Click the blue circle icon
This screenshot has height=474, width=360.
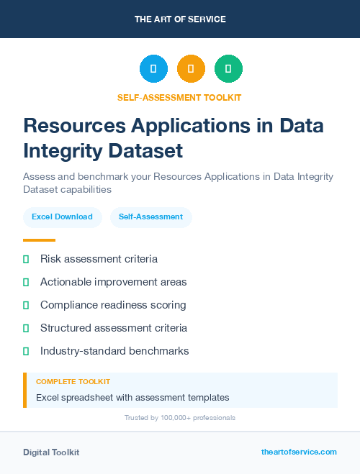[153, 69]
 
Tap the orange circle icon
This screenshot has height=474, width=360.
[191, 69]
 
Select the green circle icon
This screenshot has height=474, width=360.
[228, 69]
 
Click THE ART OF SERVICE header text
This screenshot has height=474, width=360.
[180, 19]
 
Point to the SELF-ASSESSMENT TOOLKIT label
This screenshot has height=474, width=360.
[179, 97]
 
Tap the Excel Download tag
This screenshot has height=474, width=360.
[62, 217]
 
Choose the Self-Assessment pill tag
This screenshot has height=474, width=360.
[150, 217]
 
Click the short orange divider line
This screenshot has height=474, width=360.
[39, 240]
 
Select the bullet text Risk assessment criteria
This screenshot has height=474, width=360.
[99, 259]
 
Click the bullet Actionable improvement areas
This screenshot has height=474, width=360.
[113, 282]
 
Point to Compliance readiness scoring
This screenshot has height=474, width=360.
[113, 305]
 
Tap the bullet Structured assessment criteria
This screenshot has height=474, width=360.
[114, 328]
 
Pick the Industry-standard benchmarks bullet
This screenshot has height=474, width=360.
[114, 351]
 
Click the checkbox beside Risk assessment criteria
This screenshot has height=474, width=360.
[26, 259]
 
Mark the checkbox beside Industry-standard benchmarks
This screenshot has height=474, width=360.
[26, 351]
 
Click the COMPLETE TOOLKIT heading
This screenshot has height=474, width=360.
[73, 382]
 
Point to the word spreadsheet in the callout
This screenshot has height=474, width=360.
[89, 397]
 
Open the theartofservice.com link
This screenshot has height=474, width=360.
[299, 452]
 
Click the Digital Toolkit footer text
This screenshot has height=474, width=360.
[51, 452]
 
